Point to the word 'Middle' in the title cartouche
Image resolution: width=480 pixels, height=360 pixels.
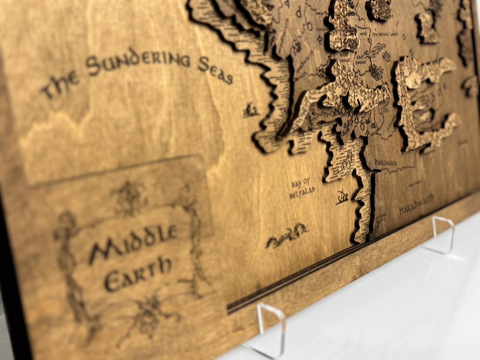[133, 240]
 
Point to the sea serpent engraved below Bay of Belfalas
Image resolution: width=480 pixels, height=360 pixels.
[287, 235]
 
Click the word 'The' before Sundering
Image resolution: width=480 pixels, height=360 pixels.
[60, 85]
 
